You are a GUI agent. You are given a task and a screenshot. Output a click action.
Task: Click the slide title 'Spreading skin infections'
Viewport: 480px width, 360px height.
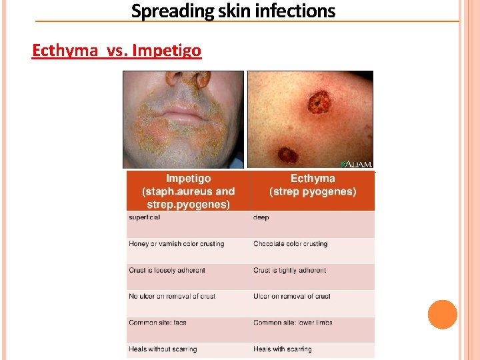coord(233,11)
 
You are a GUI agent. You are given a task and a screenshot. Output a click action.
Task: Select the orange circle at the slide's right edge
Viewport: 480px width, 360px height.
coord(443,315)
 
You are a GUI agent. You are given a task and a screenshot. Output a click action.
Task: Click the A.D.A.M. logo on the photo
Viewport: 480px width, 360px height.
coord(356,163)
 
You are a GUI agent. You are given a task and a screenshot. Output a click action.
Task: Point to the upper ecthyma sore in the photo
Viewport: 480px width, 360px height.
coord(319,103)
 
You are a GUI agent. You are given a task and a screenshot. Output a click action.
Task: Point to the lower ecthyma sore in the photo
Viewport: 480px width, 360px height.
coord(288,155)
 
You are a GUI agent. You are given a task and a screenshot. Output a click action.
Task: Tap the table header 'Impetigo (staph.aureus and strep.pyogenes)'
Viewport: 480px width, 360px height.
coord(188,191)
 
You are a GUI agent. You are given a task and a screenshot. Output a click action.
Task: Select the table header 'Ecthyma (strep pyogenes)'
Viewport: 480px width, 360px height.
coord(313,185)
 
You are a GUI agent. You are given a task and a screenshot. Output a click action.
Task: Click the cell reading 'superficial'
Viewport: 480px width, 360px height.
coord(145,217)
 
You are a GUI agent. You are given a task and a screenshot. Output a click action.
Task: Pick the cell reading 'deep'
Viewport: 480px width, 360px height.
coord(261,217)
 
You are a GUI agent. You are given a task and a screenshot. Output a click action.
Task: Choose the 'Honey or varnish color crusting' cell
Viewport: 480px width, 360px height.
coord(177,244)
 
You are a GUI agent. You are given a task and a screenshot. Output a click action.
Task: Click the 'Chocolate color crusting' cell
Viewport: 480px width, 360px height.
coord(291,244)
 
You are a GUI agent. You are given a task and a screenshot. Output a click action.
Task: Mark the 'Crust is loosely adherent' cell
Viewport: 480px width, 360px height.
coord(167,271)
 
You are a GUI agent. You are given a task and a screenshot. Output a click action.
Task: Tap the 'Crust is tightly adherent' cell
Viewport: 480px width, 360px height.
coord(290,271)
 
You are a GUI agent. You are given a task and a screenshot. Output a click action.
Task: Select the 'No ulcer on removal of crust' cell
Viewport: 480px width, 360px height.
coord(172,296)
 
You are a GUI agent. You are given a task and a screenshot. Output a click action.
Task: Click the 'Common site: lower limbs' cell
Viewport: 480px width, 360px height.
coord(293,323)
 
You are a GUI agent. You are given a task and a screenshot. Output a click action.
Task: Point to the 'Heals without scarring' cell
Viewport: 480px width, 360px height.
coord(163,349)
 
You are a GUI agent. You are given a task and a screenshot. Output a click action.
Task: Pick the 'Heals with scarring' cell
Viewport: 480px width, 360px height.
coord(283,349)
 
